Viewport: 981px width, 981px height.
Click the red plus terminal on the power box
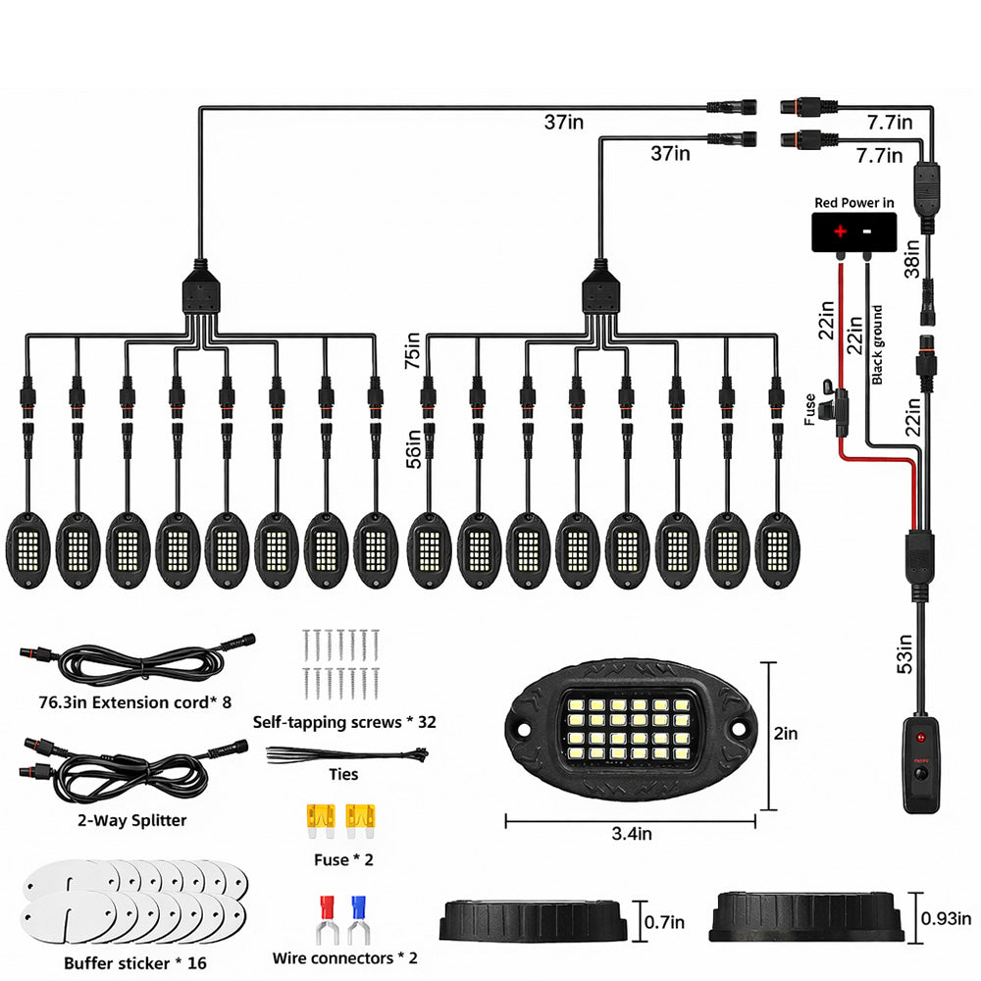pos(841,232)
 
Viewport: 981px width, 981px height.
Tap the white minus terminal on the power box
pos(869,232)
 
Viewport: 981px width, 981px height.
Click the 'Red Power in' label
pos(853,203)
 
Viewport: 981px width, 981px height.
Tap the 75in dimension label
pos(413,350)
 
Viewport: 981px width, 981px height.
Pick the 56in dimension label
pos(413,448)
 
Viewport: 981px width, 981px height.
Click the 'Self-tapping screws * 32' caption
pos(343,722)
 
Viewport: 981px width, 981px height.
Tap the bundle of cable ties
pos(346,755)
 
